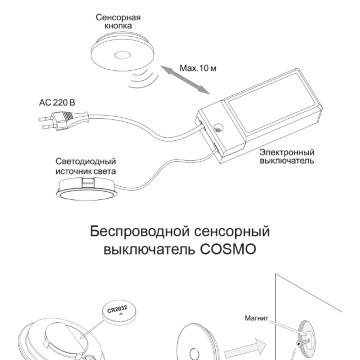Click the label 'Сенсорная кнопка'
[118, 21]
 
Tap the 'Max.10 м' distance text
[198, 68]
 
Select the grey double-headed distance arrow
[185, 80]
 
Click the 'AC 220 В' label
[57, 102]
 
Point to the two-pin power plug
[63, 120]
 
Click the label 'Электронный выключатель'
[287, 156]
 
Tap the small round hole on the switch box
[218, 128]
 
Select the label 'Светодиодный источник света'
[86, 166]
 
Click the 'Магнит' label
[256, 318]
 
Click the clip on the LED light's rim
[89, 181]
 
